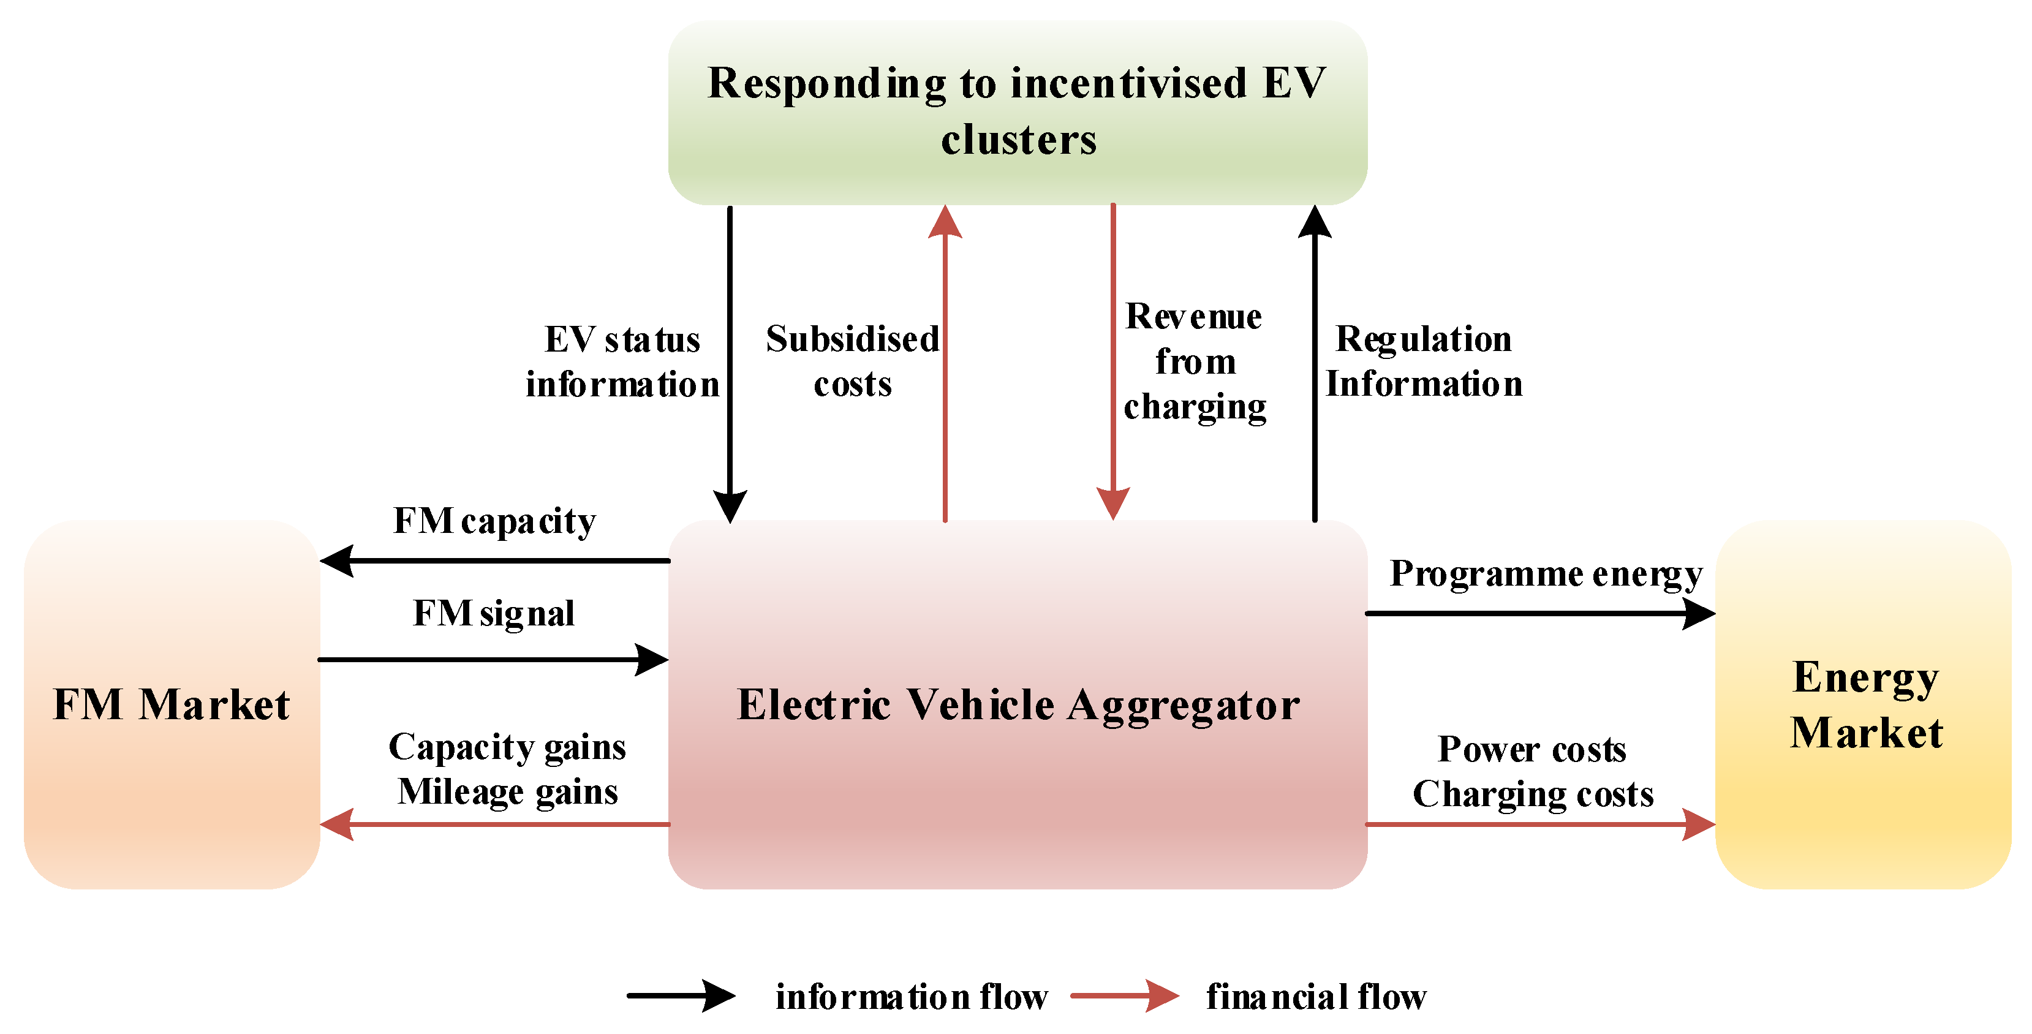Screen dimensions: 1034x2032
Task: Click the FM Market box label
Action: [171, 704]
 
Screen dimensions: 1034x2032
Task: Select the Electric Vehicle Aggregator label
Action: [1018, 704]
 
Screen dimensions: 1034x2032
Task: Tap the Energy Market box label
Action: [1865, 704]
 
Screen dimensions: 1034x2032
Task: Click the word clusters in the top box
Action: [1018, 140]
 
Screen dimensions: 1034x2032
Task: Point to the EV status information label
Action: [622, 362]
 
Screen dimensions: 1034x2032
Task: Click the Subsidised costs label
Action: [853, 362]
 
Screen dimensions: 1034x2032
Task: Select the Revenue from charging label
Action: [1195, 362]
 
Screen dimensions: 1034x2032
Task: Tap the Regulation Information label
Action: [1424, 362]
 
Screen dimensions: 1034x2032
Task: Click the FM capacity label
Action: [494, 521]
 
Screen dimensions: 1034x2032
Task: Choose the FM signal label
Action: [494, 614]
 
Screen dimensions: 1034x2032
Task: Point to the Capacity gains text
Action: [507, 747]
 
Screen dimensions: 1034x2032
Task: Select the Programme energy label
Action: [1546, 574]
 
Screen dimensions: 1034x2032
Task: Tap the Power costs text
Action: [1532, 749]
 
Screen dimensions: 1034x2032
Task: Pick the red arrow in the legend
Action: [1124, 996]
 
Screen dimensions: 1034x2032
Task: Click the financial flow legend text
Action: [1316, 997]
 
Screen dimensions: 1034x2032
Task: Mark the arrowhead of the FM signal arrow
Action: [654, 659]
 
